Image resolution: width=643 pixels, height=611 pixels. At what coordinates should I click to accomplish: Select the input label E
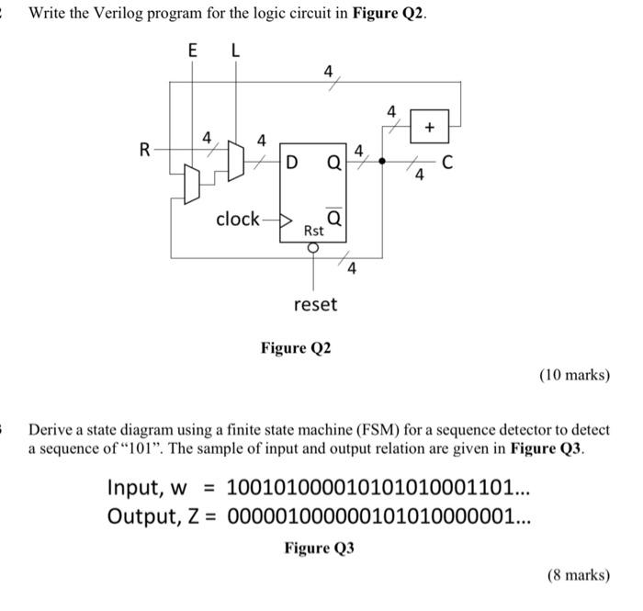click(192, 52)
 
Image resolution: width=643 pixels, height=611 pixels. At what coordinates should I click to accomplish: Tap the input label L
click(235, 52)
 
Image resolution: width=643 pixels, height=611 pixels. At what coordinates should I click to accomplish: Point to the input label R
click(144, 148)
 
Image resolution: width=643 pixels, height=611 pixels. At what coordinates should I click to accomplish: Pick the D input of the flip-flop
click(291, 164)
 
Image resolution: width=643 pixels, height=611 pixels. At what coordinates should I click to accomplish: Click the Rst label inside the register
click(315, 232)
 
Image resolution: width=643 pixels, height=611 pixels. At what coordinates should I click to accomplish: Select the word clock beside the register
click(238, 219)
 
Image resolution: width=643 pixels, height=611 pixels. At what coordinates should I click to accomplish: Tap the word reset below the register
click(315, 303)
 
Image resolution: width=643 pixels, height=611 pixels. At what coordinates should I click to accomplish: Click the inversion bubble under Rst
click(315, 247)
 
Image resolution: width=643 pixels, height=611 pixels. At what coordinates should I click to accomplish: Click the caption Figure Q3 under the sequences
click(319, 549)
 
